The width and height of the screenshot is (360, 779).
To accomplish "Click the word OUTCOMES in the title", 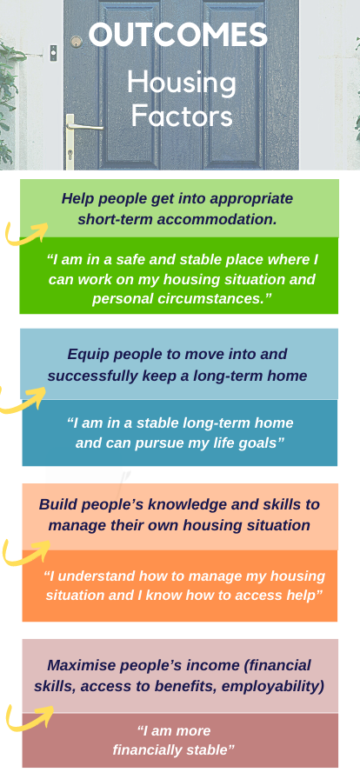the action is point(178,36).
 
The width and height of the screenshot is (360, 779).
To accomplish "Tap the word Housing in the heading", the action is point(182,83).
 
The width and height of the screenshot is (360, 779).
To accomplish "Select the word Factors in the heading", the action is point(182,115).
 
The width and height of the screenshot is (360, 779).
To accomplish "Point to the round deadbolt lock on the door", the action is point(76,42).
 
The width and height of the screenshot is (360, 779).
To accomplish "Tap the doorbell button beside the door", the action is point(53,53).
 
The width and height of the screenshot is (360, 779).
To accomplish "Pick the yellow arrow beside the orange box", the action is point(26,552).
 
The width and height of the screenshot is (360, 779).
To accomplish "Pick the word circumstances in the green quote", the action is point(216,299).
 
